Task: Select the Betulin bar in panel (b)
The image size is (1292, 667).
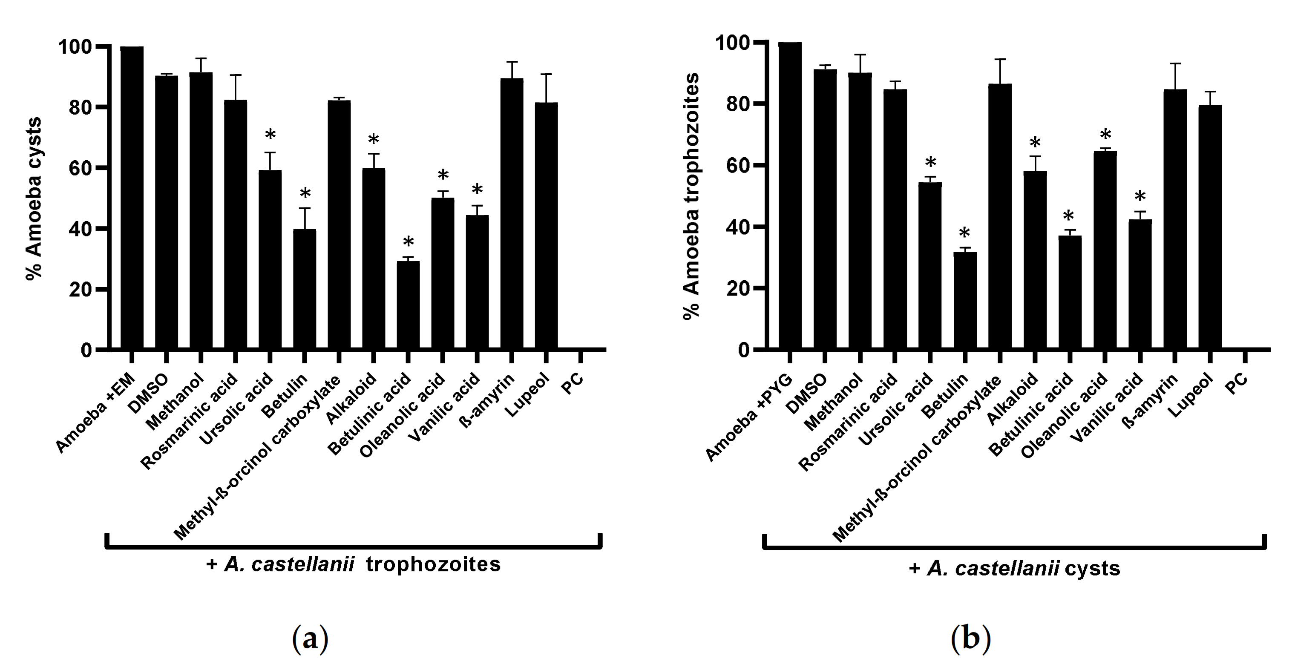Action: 964,301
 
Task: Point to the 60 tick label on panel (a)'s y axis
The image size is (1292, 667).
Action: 80,168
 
